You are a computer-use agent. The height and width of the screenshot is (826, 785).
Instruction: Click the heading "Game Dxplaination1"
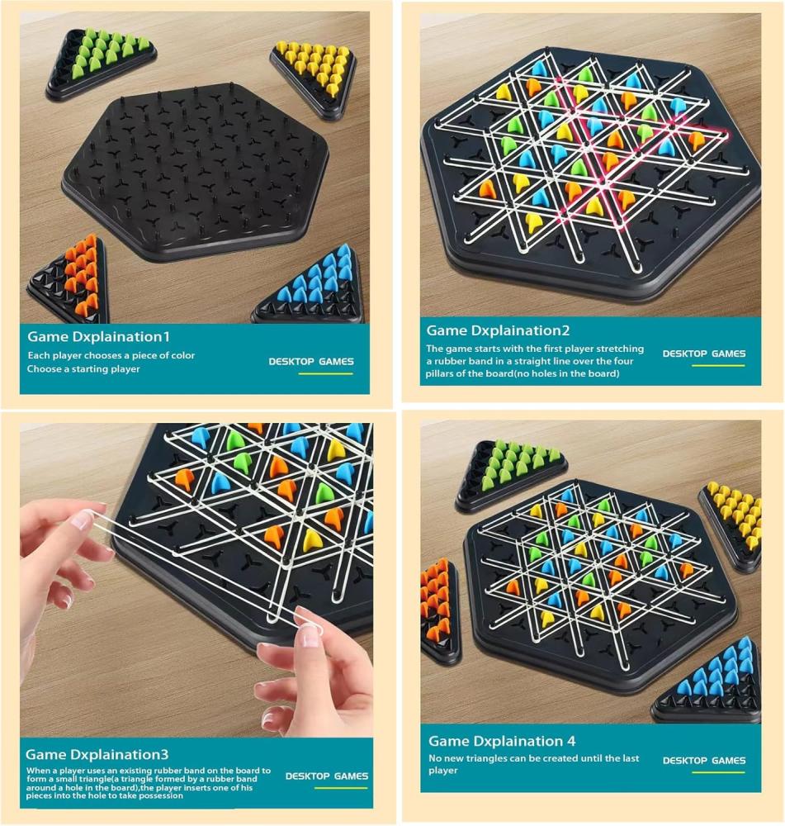coord(98,337)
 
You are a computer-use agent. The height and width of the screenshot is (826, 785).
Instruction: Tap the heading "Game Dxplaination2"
coord(498,331)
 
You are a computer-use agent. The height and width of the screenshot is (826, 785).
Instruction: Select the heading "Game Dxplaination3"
coord(97,754)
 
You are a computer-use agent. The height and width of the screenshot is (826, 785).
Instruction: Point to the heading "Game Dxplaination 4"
coord(502,741)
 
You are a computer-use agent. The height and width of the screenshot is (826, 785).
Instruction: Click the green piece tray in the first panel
coord(100,64)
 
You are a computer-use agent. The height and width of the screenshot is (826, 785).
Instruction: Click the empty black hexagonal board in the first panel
coord(195,171)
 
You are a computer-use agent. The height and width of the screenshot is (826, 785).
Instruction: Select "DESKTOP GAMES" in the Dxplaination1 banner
coord(310,362)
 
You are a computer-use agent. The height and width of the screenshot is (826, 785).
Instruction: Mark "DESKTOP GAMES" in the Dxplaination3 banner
coord(326,776)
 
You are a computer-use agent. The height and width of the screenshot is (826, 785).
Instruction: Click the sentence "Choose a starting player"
coord(83,368)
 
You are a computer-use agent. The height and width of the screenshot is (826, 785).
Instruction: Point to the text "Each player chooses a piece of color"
coord(111,355)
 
